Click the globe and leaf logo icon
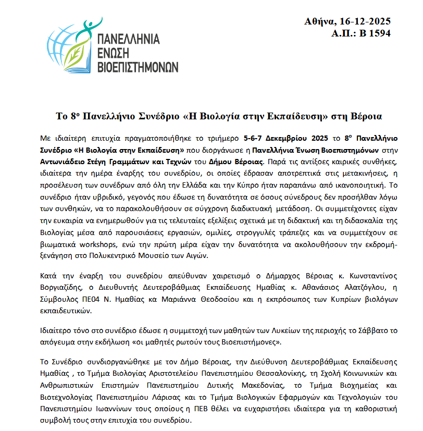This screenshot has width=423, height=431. click(x=71, y=45)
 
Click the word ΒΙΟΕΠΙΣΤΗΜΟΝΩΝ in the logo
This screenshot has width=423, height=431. click(x=138, y=66)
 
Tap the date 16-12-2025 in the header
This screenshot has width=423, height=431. click(x=365, y=21)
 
